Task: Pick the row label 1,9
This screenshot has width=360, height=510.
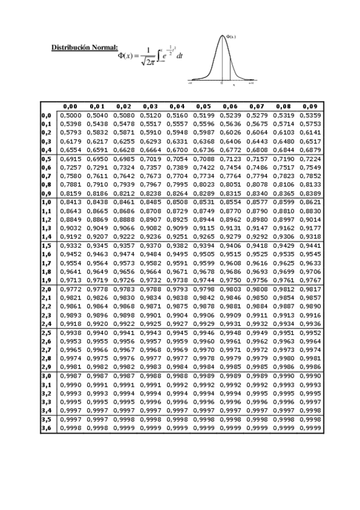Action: point(46,280)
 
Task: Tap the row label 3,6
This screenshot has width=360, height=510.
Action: point(46,428)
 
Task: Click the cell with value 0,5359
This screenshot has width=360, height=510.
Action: point(309,114)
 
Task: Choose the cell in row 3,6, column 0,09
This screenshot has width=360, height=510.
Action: point(309,428)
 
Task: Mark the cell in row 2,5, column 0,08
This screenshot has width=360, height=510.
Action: point(282,333)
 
